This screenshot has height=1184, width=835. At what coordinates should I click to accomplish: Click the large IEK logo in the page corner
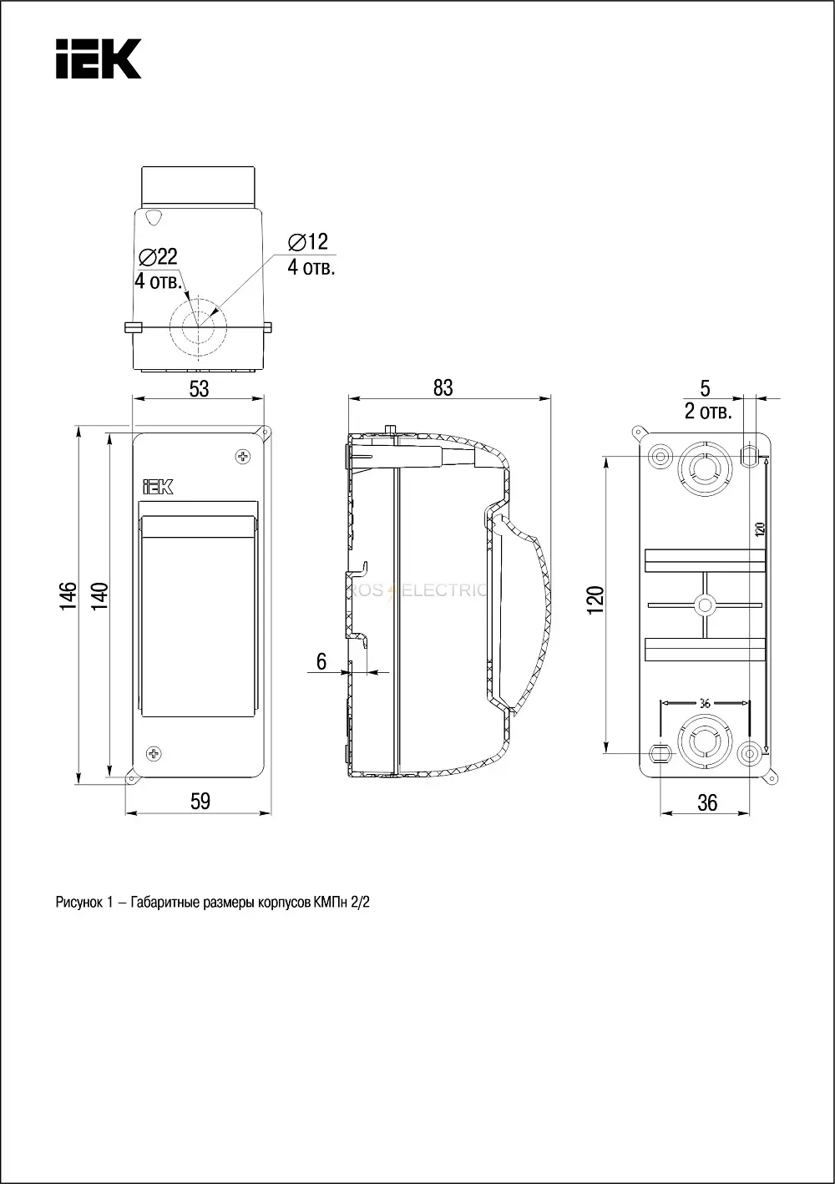[99, 58]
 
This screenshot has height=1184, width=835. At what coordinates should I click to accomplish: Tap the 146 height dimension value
[68, 596]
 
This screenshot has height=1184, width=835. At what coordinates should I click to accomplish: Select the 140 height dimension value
[99, 596]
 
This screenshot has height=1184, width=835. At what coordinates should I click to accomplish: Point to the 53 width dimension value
[200, 389]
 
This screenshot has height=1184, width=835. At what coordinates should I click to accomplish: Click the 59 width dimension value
[200, 802]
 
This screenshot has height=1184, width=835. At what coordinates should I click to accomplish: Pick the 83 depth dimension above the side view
[443, 388]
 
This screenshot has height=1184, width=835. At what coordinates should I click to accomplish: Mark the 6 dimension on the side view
[321, 661]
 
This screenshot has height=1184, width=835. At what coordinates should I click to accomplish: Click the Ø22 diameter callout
[158, 257]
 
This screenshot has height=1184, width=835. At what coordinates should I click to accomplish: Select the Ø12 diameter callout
[308, 242]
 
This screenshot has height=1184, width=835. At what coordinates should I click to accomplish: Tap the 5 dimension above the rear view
[705, 388]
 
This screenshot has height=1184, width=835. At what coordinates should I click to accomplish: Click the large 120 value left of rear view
[596, 600]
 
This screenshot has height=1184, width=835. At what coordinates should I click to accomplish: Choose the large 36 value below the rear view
[707, 803]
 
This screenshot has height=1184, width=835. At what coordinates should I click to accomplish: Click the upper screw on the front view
[243, 456]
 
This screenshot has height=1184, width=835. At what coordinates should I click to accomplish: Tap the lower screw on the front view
[154, 753]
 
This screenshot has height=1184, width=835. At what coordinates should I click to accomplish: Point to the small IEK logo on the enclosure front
[158, 487]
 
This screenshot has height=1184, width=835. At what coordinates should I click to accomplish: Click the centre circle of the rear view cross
[705, 605]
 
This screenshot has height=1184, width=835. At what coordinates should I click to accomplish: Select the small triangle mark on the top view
[154, 217]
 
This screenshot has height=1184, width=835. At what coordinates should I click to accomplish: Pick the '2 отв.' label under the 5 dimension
[708, 412]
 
